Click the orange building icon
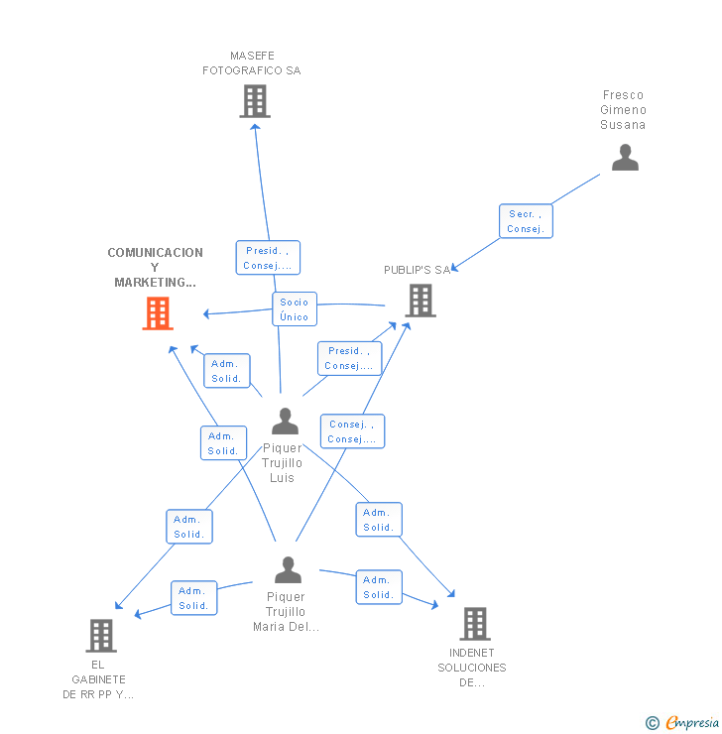point(158,313)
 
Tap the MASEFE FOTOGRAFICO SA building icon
point(255,101)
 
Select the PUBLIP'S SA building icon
point(421,301)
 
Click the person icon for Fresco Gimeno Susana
point(625,158)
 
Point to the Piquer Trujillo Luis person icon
point(285,422)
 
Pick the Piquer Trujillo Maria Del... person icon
point(288,570)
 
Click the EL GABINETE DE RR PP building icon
point(101,636)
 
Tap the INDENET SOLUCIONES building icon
point(475,624)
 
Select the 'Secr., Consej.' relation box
point(525,221)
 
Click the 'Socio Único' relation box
point(295,309)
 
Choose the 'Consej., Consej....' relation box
point(352,431)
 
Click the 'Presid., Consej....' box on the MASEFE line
point(268,258)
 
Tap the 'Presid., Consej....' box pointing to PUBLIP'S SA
point(349,358)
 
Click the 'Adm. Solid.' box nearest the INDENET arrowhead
point(378,587)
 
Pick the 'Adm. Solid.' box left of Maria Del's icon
point(193,598)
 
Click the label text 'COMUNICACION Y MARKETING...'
point(155,268)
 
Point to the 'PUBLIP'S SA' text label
point(417,270)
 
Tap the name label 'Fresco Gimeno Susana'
point(623,110)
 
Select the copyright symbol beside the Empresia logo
point(653,723)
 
